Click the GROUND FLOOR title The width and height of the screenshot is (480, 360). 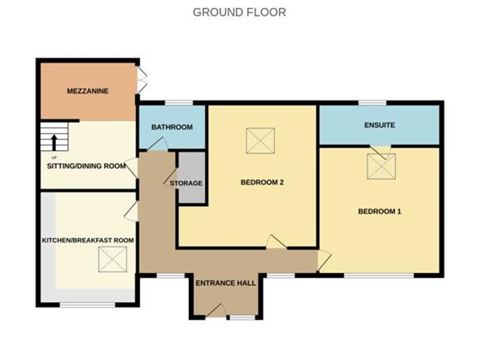click(x=239, y=12)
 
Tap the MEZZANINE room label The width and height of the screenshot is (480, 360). click(x=87, y=92)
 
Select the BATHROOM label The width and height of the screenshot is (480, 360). click(x=172, y=127)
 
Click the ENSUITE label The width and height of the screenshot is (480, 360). click(x=379, y=125)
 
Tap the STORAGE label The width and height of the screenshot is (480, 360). click(x=186, y=183)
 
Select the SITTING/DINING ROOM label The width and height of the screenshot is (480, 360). click(x=82, y=166)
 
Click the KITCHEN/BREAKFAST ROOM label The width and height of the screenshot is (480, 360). click(x=88, y=240)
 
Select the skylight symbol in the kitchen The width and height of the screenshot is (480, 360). click(x=111, y=259)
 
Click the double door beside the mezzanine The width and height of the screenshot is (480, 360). click(x=143, y=80)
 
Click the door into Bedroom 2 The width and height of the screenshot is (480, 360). click(x=276, y=243)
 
